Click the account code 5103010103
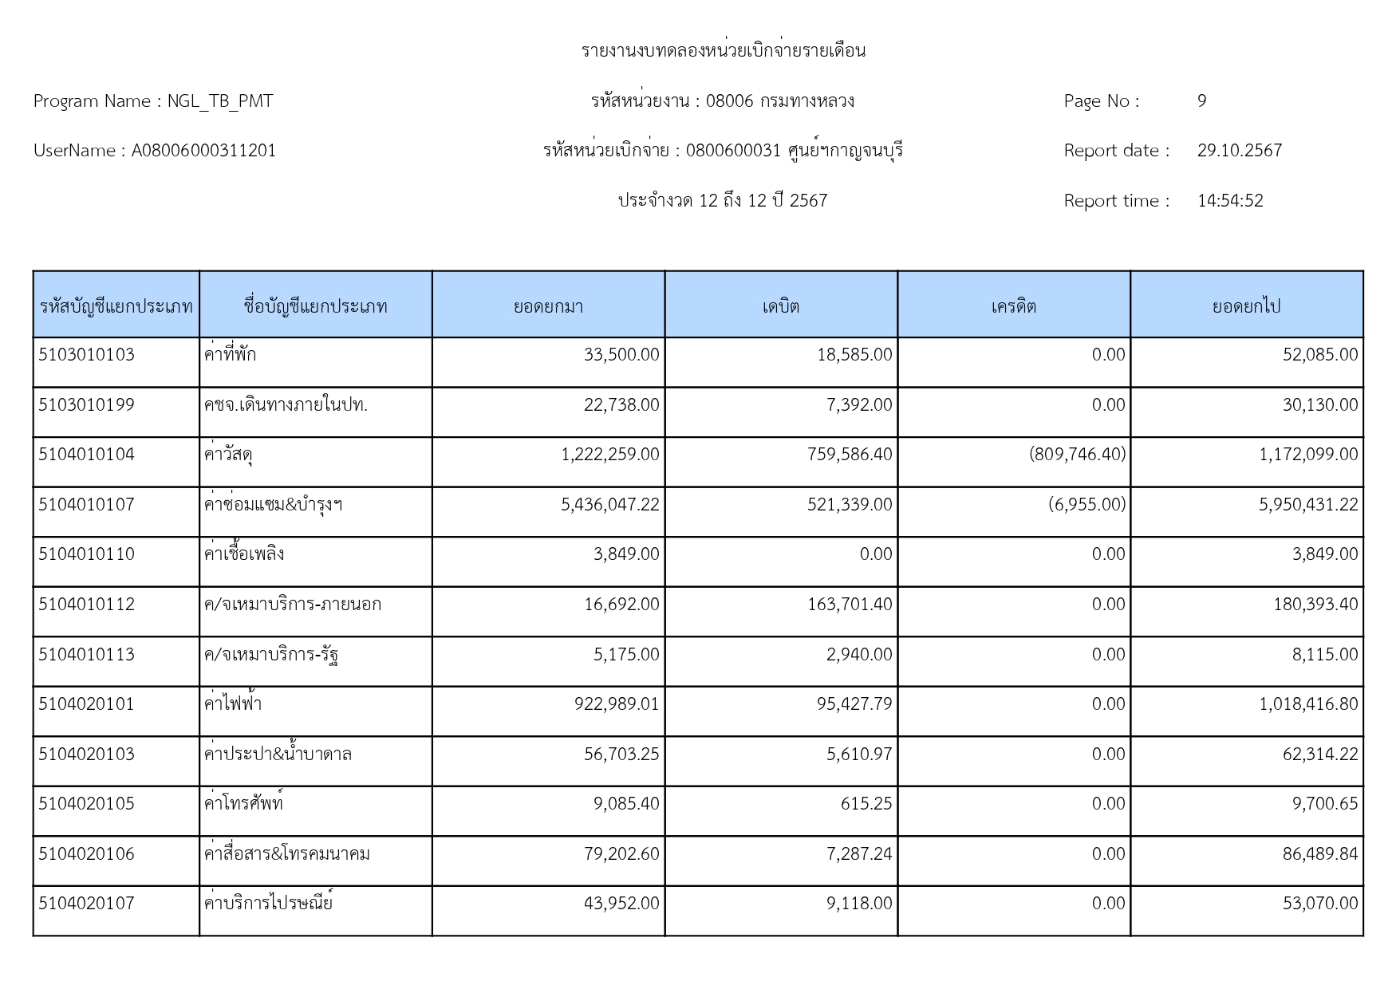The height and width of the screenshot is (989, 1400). tap(87, 355)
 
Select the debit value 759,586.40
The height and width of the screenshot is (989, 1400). tap(850, 455)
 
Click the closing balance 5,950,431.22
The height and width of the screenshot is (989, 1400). tap(1308, 505)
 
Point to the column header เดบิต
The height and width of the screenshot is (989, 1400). tap(781, 306)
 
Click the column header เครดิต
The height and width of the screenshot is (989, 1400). tap(1014, 306)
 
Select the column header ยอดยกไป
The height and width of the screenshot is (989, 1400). tap(1246, 306)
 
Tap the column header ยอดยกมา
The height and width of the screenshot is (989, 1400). tap(548, 306)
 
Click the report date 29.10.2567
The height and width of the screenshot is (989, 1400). tap(1239, 151)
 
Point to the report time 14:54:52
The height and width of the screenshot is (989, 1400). tap(1230, 201)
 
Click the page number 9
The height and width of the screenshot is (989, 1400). tap(1201, 101)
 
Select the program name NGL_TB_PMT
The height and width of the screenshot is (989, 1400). tap(219, 101)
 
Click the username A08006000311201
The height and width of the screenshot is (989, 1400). tap(203, 151)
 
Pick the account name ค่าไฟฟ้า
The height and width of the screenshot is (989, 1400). tap(233, 704)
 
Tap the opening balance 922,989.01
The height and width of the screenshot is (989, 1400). tap(617, 704)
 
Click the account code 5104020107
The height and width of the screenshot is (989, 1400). tap(87, 904)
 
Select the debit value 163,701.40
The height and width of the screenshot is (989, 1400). tap(850, 605)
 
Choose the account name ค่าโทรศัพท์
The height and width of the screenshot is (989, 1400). tap(243, 804)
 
